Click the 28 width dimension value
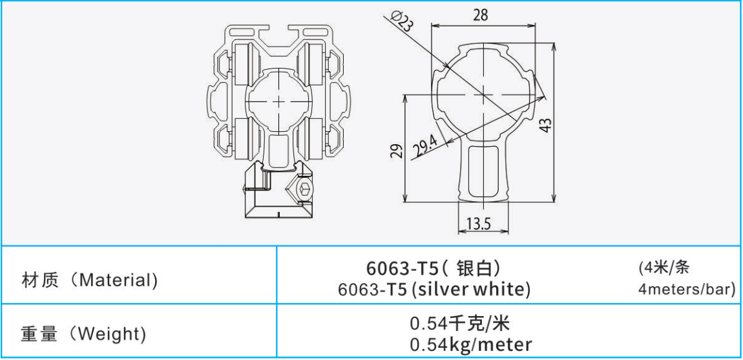(x=480, y=15)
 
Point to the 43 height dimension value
(x=546, y=125)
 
